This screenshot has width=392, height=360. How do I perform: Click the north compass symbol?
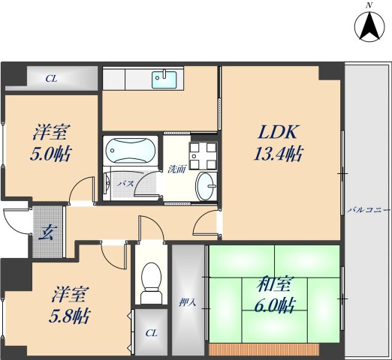click(x=368, y=28)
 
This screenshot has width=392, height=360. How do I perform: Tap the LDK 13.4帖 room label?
click(x=280, y=143)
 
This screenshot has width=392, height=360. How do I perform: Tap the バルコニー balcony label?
click(x=369, y=211)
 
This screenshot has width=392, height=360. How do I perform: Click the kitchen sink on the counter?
click(x=164, y=77)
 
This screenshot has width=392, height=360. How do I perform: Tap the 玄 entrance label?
click(x=44, y=231)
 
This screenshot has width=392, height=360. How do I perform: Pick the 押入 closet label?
click(x=187, y=304)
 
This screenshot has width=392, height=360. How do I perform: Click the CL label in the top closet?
click(x=50, y=78)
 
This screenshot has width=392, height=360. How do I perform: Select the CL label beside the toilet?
click(x=151, y=332)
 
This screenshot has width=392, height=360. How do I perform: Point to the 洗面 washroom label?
click(x=177, y=168)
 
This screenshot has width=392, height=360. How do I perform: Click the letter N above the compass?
click(x=368, y=6)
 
